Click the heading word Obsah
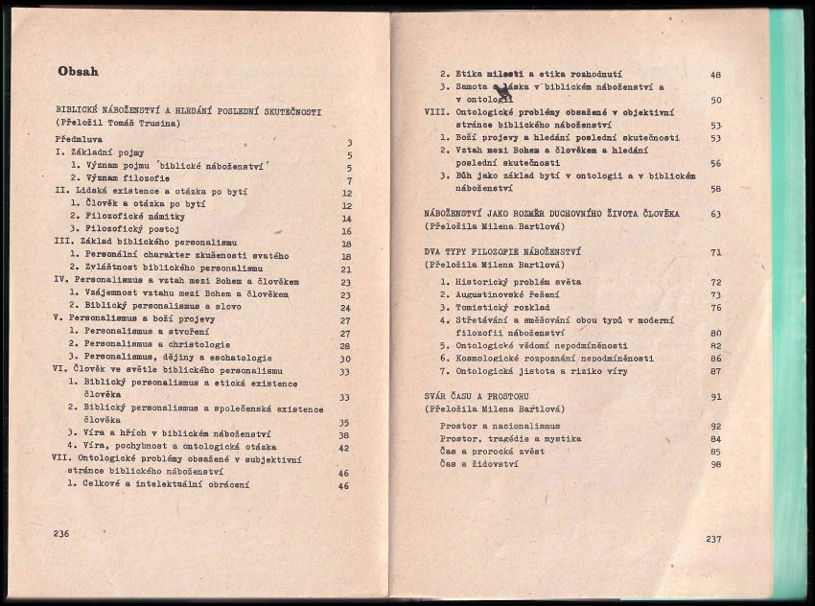(78, 71)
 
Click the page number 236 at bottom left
(62, 533)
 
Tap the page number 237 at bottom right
(712, 539)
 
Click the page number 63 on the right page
(715, 214)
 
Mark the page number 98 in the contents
(715, 464)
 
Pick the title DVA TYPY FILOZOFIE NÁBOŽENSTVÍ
(503, 252)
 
